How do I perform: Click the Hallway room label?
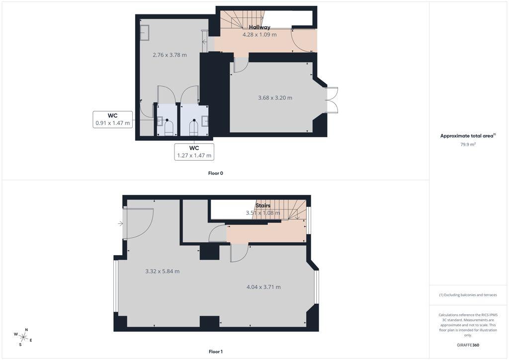point(259,27)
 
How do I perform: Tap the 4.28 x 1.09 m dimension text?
point(259,34)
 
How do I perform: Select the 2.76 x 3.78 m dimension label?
point(170,55)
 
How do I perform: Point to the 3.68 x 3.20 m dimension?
point(275,98)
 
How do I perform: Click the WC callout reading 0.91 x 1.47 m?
point(113,119)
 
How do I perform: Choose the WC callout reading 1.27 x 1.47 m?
point(194,152)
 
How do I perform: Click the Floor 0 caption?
point(216,174)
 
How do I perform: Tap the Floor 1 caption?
point(216,352)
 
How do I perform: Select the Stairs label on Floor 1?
point(263,205)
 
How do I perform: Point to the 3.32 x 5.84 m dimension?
point(163,271)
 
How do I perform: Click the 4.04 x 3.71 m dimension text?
point(263,287)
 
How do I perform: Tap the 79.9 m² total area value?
point(468,145)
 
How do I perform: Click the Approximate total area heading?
point(468,136)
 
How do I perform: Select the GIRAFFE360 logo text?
point(468,345)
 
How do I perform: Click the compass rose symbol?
point(23,337)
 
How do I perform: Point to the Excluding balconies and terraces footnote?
point(468,295)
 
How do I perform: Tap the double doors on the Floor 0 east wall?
point(332,100)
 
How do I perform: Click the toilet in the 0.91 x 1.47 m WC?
point(168,127)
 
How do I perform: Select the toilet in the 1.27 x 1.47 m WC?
point(194,127)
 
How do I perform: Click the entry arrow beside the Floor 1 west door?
point(120,223)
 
